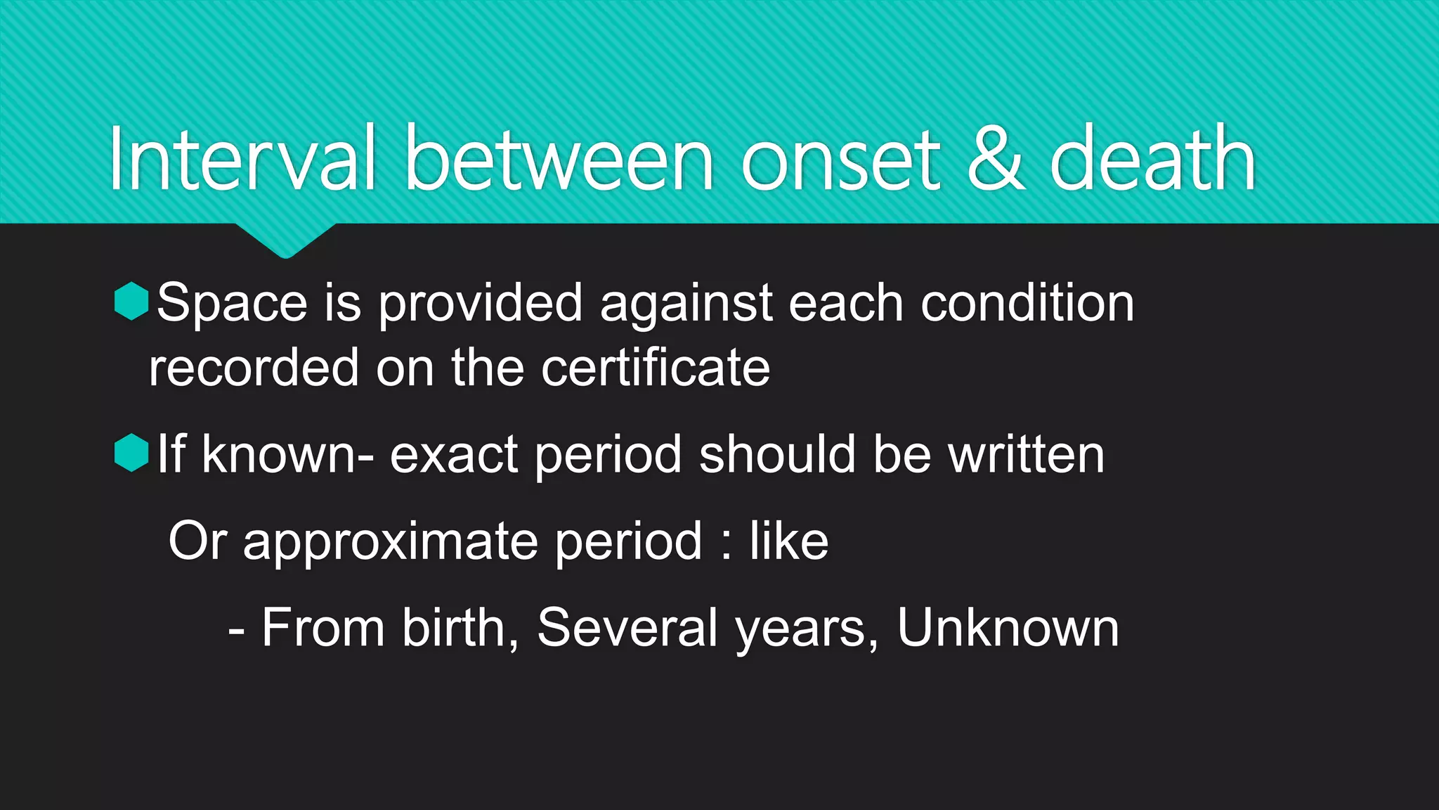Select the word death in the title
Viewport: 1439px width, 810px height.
point(1152,159)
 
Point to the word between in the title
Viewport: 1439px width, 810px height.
point(559,159)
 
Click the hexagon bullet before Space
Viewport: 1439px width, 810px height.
point(131,301)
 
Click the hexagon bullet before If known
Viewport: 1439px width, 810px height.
point(131,452)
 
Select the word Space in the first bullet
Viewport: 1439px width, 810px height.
point(232,304)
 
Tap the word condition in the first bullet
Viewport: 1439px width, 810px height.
point(1027,302)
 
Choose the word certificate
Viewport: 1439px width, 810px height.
point(655,367)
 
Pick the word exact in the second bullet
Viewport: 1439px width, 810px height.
point(454,454)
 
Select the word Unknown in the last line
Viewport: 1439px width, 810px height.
point(1008,627)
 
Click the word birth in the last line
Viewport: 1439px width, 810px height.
point(455,627)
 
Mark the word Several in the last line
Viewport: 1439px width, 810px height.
point(627,627)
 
